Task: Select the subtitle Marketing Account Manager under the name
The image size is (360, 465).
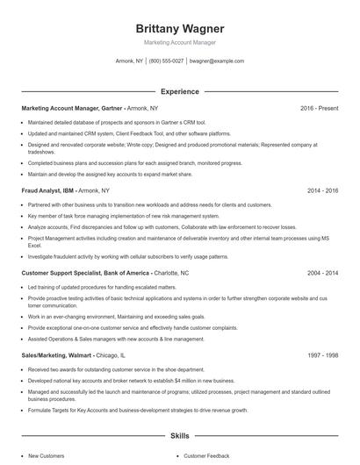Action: coord(180,42)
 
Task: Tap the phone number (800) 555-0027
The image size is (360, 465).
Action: coord(167,61)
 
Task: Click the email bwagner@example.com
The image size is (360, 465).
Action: coord(217,61)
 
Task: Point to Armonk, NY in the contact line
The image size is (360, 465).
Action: coord(129,61)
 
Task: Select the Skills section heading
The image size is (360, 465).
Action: coord(180,435)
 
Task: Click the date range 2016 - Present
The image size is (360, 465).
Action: coord(320,108)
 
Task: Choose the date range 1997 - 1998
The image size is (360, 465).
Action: coord(324,355)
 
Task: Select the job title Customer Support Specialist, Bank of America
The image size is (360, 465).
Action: coord(78,273)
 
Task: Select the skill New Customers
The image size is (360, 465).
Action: coord(46,456)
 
